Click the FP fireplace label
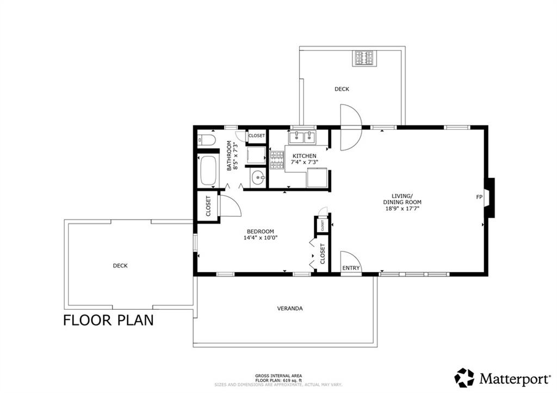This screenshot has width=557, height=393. tap(479, 197)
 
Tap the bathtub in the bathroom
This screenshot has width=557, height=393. tap(208, 171)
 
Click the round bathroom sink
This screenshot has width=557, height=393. tap(257, 177)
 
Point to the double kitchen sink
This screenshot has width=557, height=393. tap(302, 136)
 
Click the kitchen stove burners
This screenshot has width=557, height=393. tap(277, 160)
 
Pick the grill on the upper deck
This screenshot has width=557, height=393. tap(363, 58)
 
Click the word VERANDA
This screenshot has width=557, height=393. tap(290, 309)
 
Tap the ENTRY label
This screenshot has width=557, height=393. tap(351, 268)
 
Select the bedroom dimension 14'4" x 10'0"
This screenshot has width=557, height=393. tap(261, 238)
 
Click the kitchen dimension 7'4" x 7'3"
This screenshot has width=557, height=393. tap(305, 162)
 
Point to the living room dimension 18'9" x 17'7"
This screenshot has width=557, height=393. tap(403, 208)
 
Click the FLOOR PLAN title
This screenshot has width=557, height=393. tap(108, 320)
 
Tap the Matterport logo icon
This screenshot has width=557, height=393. tap(465, 378)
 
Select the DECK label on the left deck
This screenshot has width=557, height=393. tap(120, 266)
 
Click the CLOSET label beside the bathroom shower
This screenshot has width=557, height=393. tap(257, 135)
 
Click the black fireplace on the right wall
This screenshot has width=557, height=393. tap(490, 197)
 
